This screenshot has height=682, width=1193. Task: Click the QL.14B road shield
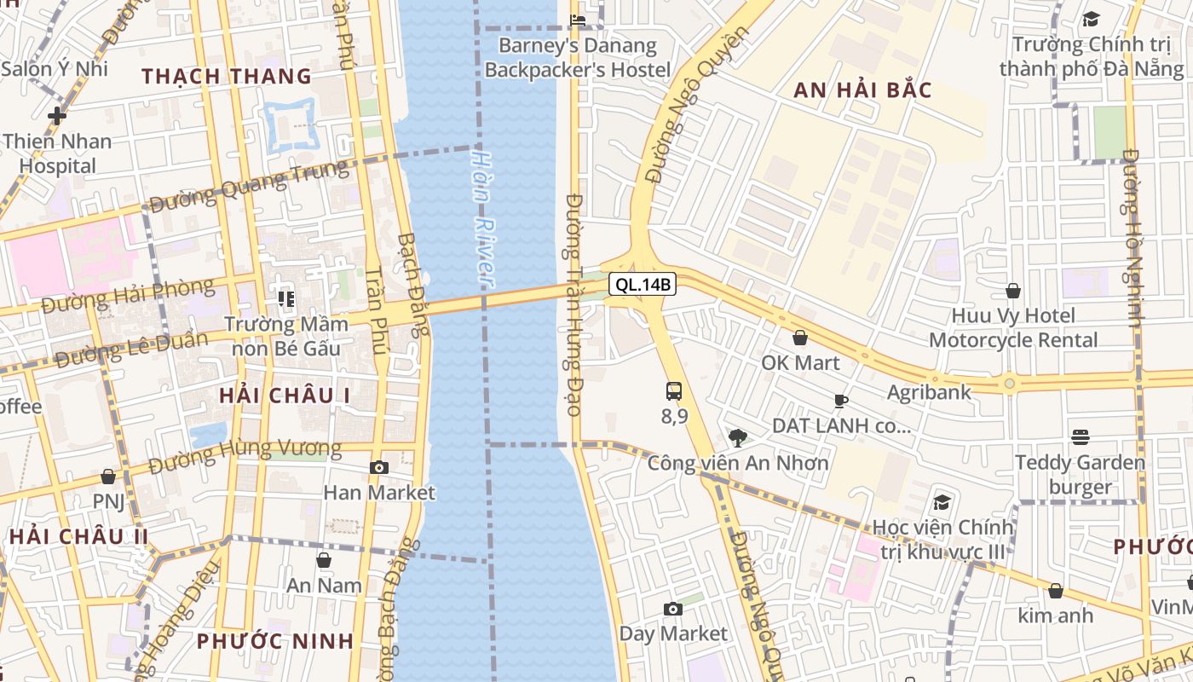643,285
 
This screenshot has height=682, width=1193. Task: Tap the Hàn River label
483,217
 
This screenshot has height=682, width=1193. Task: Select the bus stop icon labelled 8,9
674,391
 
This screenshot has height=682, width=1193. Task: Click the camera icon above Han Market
379,467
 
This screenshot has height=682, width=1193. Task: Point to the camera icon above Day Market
673,609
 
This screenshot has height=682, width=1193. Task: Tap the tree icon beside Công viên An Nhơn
738,438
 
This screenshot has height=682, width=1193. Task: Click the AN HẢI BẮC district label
862,90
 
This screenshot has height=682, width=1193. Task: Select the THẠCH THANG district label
227,76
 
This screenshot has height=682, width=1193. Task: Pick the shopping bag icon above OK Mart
800,338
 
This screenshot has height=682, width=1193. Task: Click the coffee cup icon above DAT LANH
841,401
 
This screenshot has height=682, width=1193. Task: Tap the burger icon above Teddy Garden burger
1081,437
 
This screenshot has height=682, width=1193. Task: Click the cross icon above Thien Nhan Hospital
57,115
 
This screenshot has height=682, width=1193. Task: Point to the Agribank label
929,392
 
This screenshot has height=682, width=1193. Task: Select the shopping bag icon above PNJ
108,477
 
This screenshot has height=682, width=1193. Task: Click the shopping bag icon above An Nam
324,560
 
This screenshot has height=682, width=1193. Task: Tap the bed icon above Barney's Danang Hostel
578,20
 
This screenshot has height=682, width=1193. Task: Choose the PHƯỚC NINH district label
274,641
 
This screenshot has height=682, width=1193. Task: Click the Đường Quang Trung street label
249,185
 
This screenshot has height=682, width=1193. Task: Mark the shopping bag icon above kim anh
1056,591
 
